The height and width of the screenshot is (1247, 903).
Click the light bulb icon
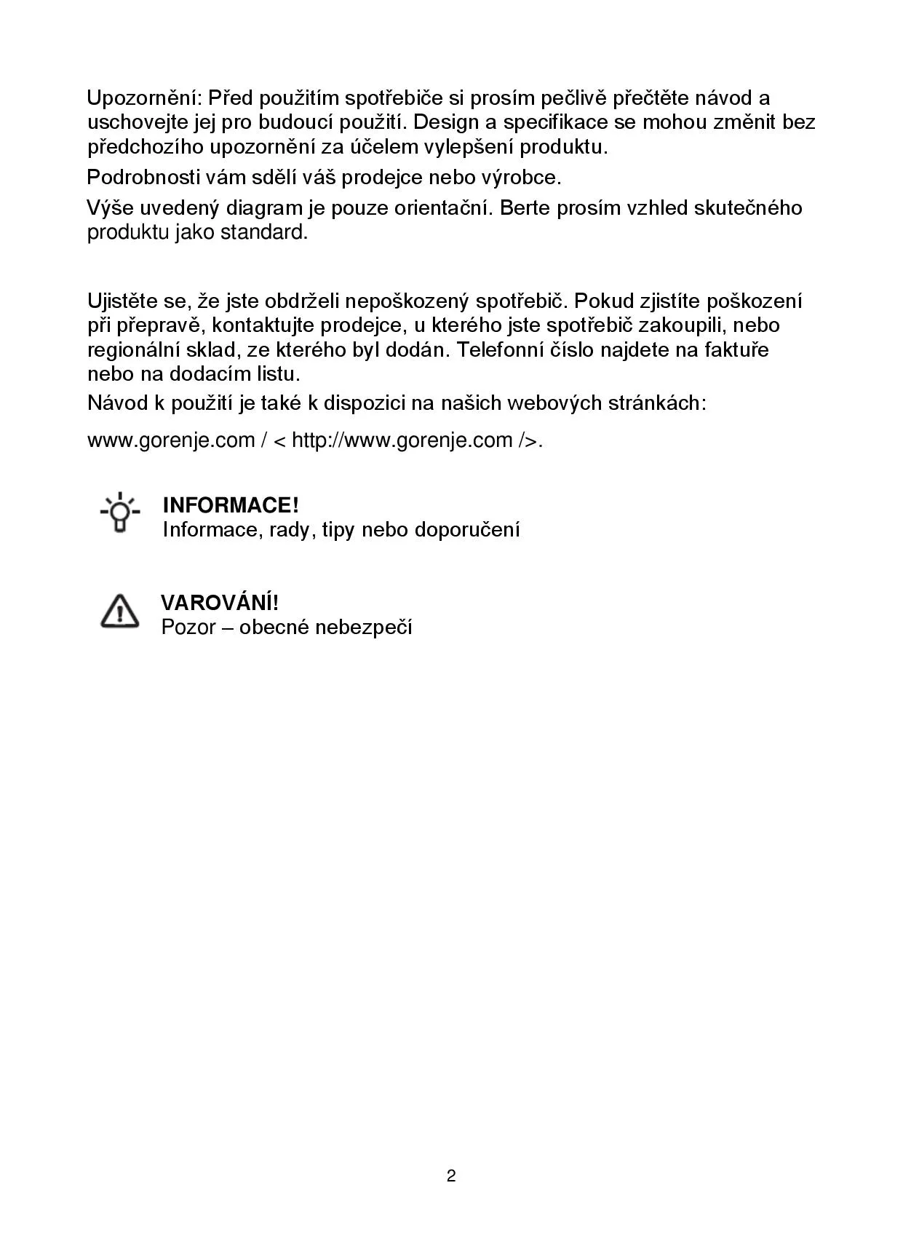click(x=120, y=513)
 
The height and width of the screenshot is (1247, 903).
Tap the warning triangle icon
click(x=119, y=611)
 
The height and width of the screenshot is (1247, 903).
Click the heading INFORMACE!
click(x=231, y=505)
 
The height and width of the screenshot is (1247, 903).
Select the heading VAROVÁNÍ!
click(x=220, y=603)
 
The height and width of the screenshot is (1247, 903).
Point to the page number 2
click(x=451, y=1176)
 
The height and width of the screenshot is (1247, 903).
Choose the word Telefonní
click(x=503, y=349)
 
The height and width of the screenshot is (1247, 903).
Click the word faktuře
click(x=736, y=349)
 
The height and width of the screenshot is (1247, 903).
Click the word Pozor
click(x=188, y=627)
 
